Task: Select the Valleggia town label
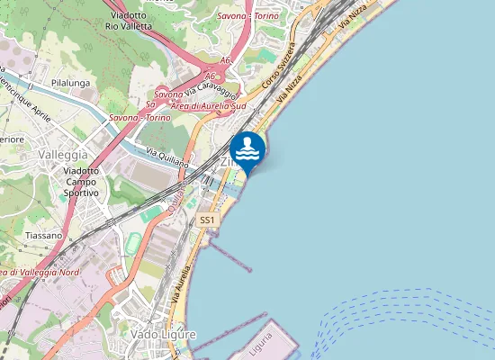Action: tap(63, 155)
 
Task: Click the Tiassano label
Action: tap(44, 235)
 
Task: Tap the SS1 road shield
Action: tap(208, 220)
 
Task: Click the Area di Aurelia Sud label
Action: tap(208, 106)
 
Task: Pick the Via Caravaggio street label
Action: tap(212, 91)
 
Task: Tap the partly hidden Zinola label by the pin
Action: tap(226, 162)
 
